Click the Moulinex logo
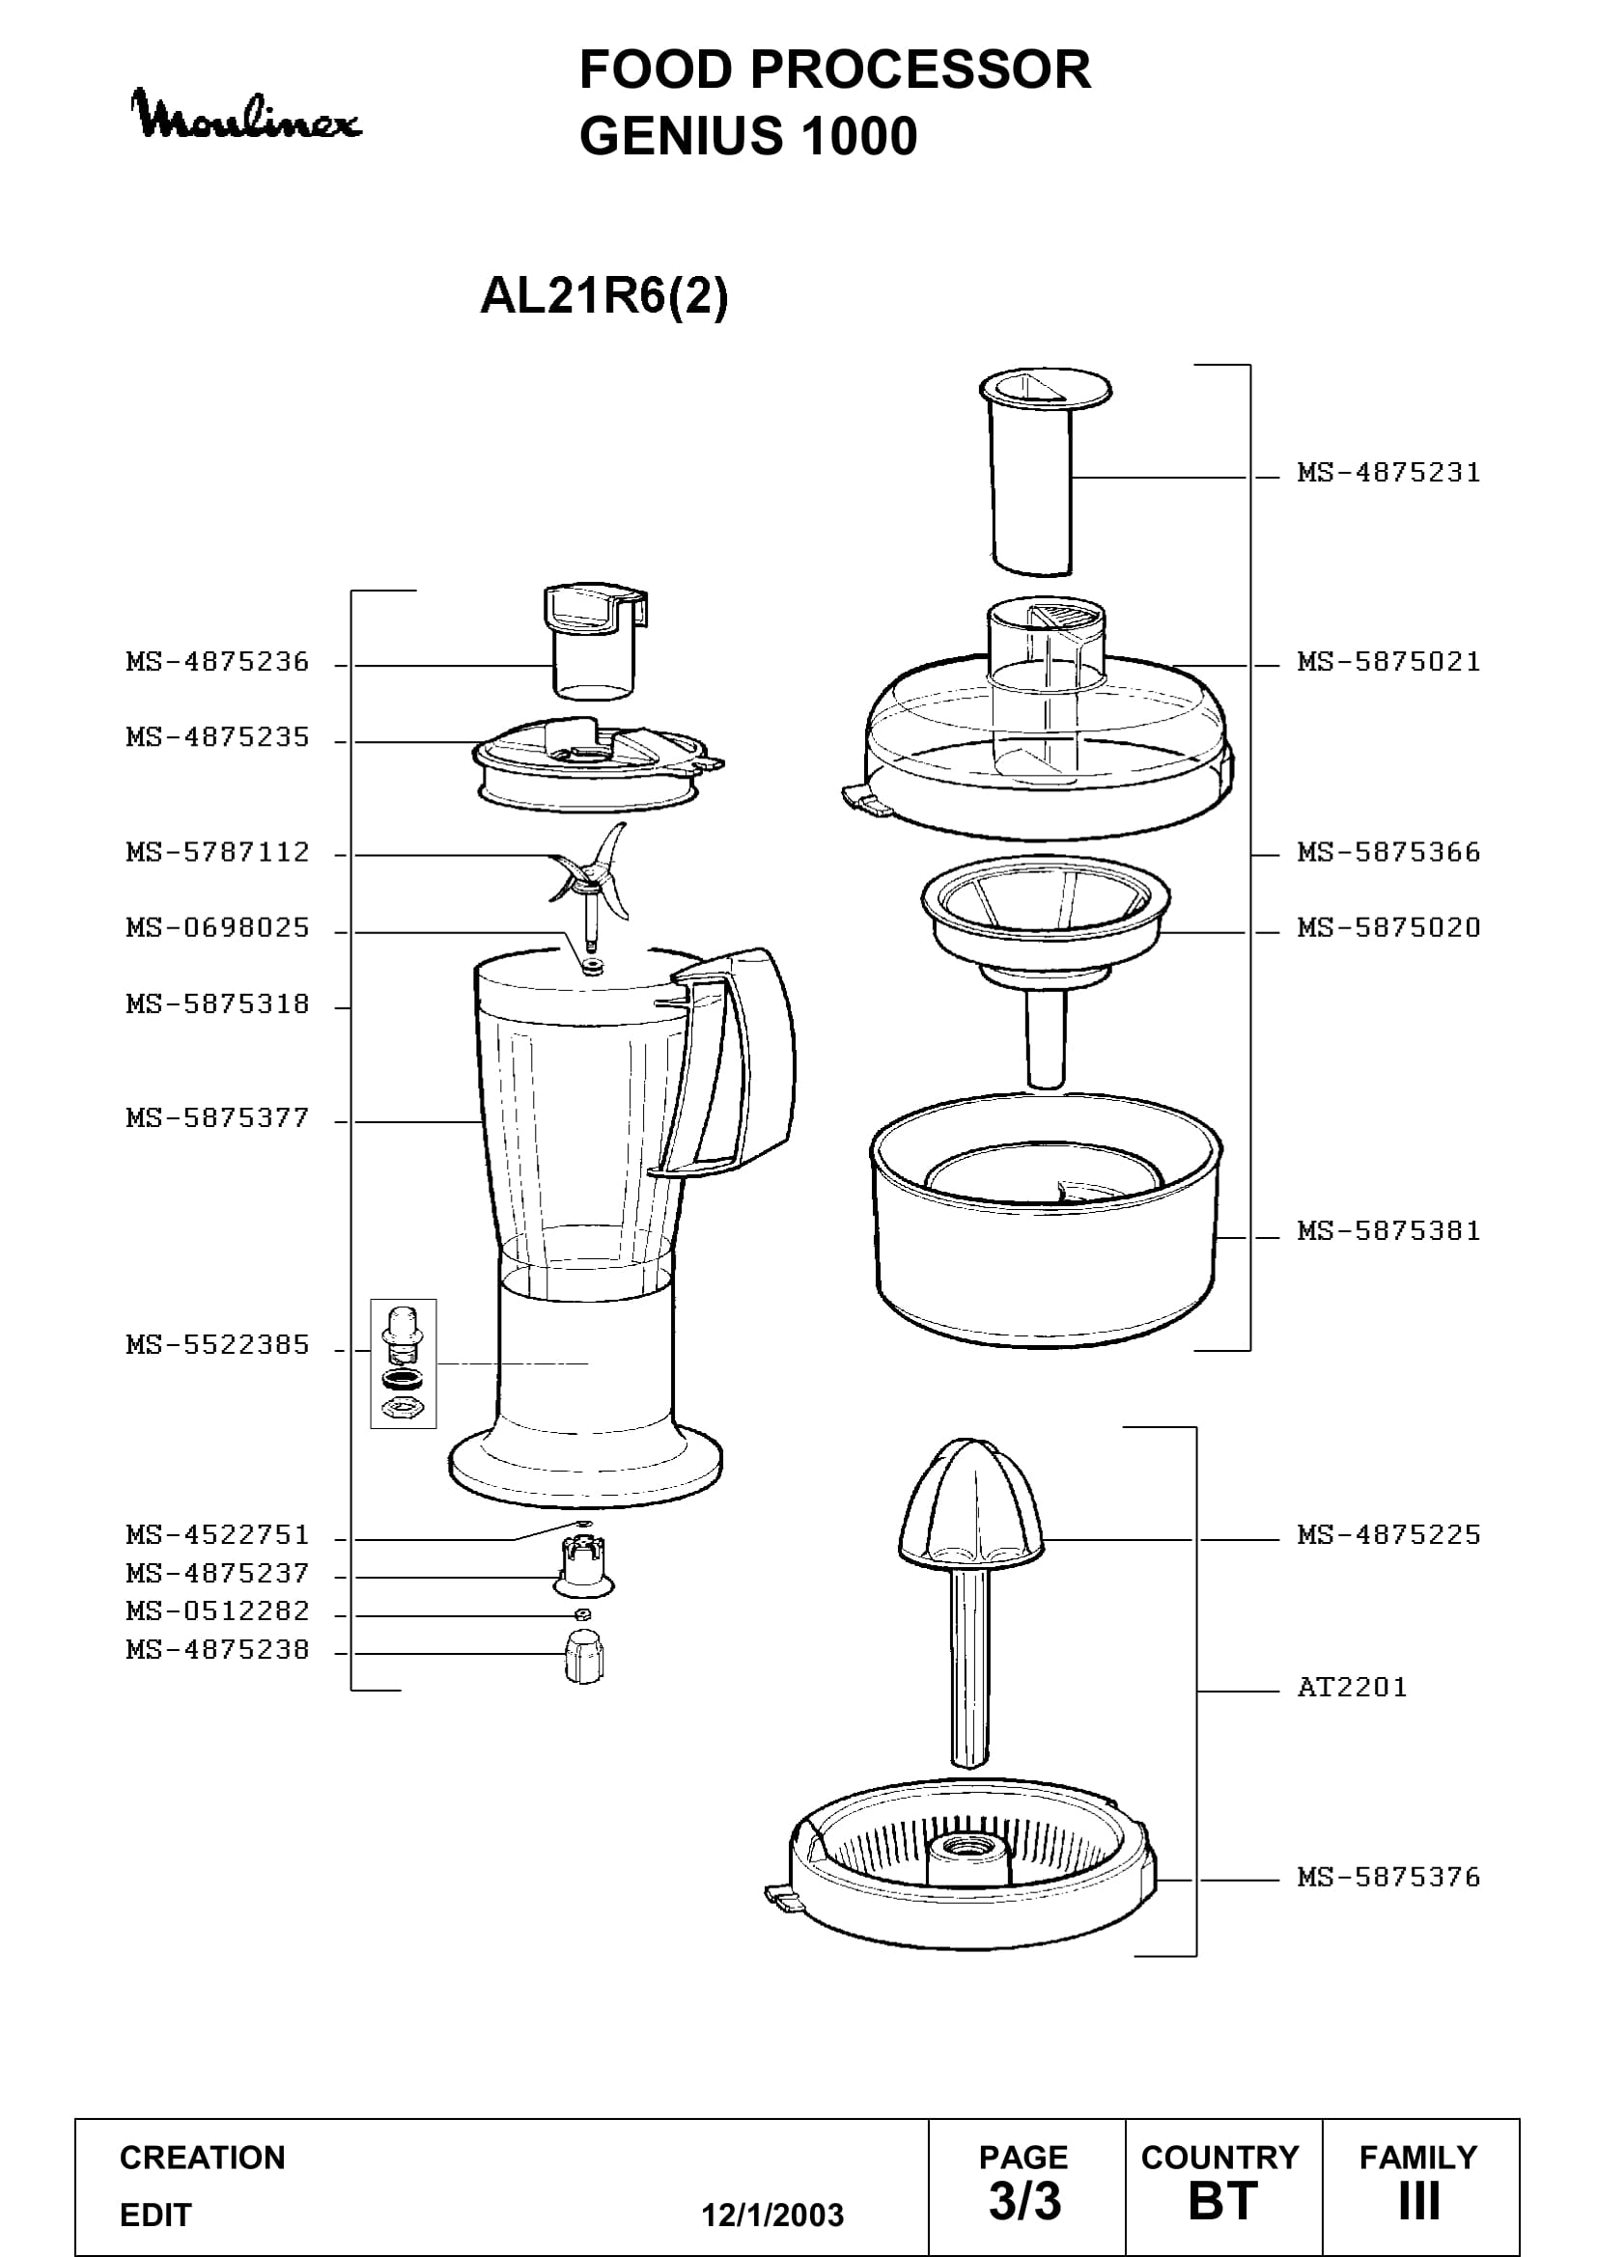[247, 115]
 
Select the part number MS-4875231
[1388, 473]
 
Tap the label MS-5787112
[217, 852]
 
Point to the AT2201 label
[1352, 1688]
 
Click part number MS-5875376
[1388, 1878]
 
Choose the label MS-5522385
[217, 1345]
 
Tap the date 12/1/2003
[772, 2215]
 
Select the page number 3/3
[1024, 2201]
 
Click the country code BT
[1223, 2201]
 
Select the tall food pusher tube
[1045, 472]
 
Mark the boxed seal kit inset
[404, 1363]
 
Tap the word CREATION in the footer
[203, 2157]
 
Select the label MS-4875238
[217, 1649]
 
